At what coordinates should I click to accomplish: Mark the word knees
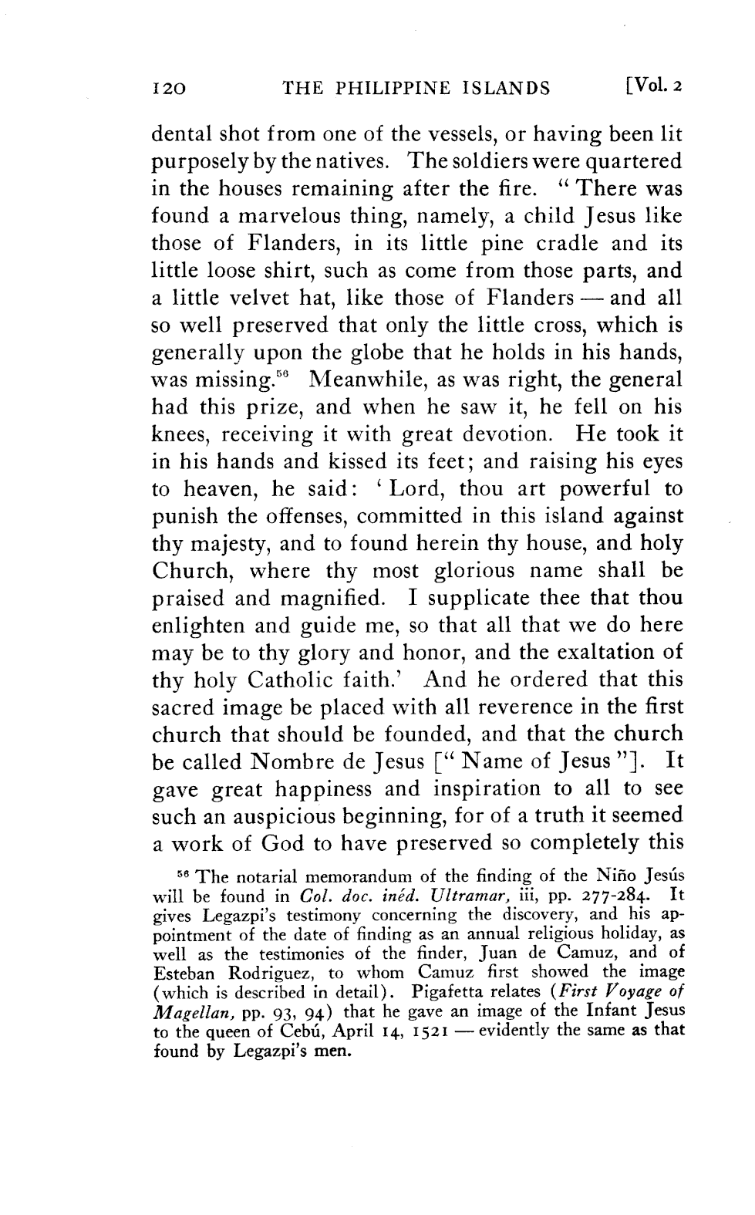pyautogui.click(x=177, y=434)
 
